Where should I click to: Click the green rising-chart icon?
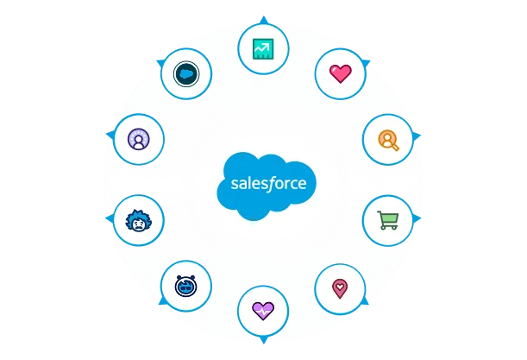point(262,50)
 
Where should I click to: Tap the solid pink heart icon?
point(341,73)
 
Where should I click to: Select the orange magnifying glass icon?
point(388,139)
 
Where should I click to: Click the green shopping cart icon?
point(387,220)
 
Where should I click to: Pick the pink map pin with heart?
point(340,286)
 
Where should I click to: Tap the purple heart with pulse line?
point(262,310)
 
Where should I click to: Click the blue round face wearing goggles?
point(186,285)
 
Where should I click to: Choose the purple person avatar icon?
point(138,138)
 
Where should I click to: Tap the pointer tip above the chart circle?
point(262,18)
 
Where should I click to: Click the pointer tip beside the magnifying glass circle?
point(421,136)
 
